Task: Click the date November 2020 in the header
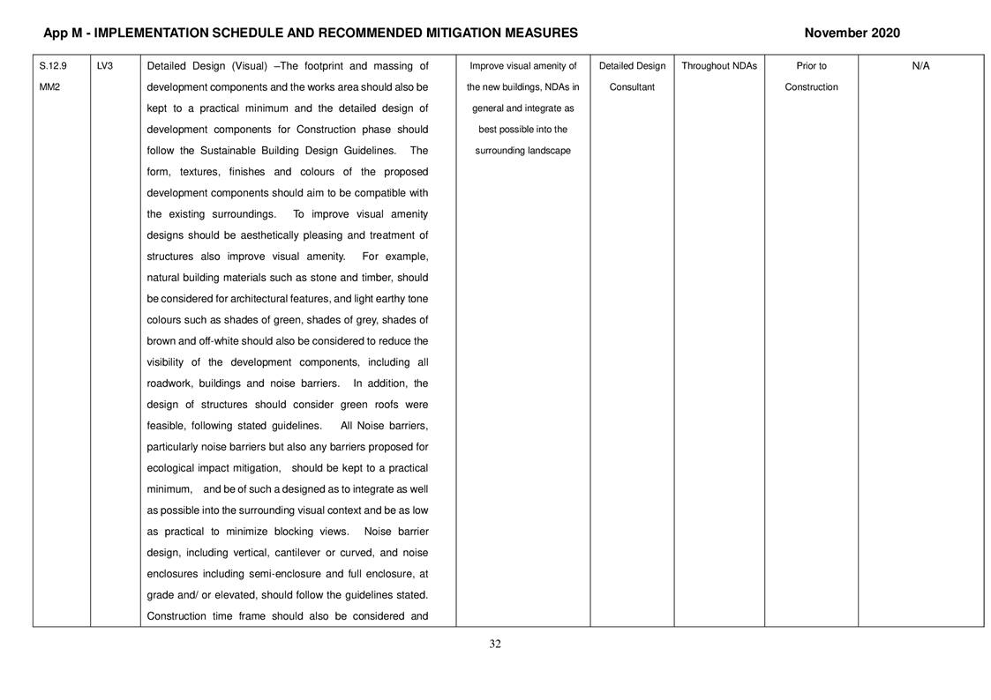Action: tap(852, 34)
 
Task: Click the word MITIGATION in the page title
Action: tap(459, 34)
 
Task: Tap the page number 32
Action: tap(495, 644)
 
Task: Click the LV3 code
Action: tap(104, 66)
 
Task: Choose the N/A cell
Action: tap(920, 66)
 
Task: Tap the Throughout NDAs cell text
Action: tap(719, 66)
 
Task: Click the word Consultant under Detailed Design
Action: tap(632, 87)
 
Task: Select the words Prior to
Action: tap(811, 66)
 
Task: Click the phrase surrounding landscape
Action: tap(522, 151)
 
